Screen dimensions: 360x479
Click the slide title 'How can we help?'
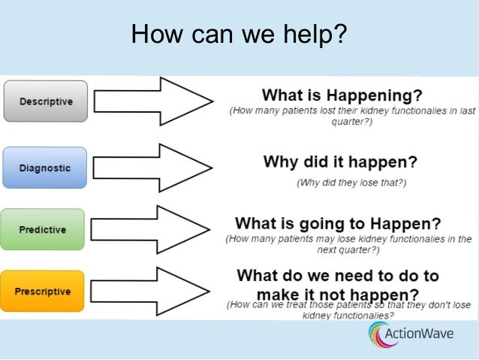(239, 34)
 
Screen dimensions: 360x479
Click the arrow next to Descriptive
(154, 101)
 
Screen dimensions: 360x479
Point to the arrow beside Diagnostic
(154, 167)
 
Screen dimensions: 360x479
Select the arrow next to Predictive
(154, 229)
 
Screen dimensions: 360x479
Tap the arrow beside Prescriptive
(154, 290)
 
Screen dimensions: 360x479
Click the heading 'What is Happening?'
(342, 95)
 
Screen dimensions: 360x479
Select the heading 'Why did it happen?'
(340, 162)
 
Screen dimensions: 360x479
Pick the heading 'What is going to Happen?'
(338, 223)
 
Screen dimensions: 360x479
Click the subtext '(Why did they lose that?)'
(351, 182)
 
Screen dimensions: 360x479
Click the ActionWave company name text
(429, 334)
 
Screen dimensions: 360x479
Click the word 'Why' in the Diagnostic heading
(279, 162)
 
